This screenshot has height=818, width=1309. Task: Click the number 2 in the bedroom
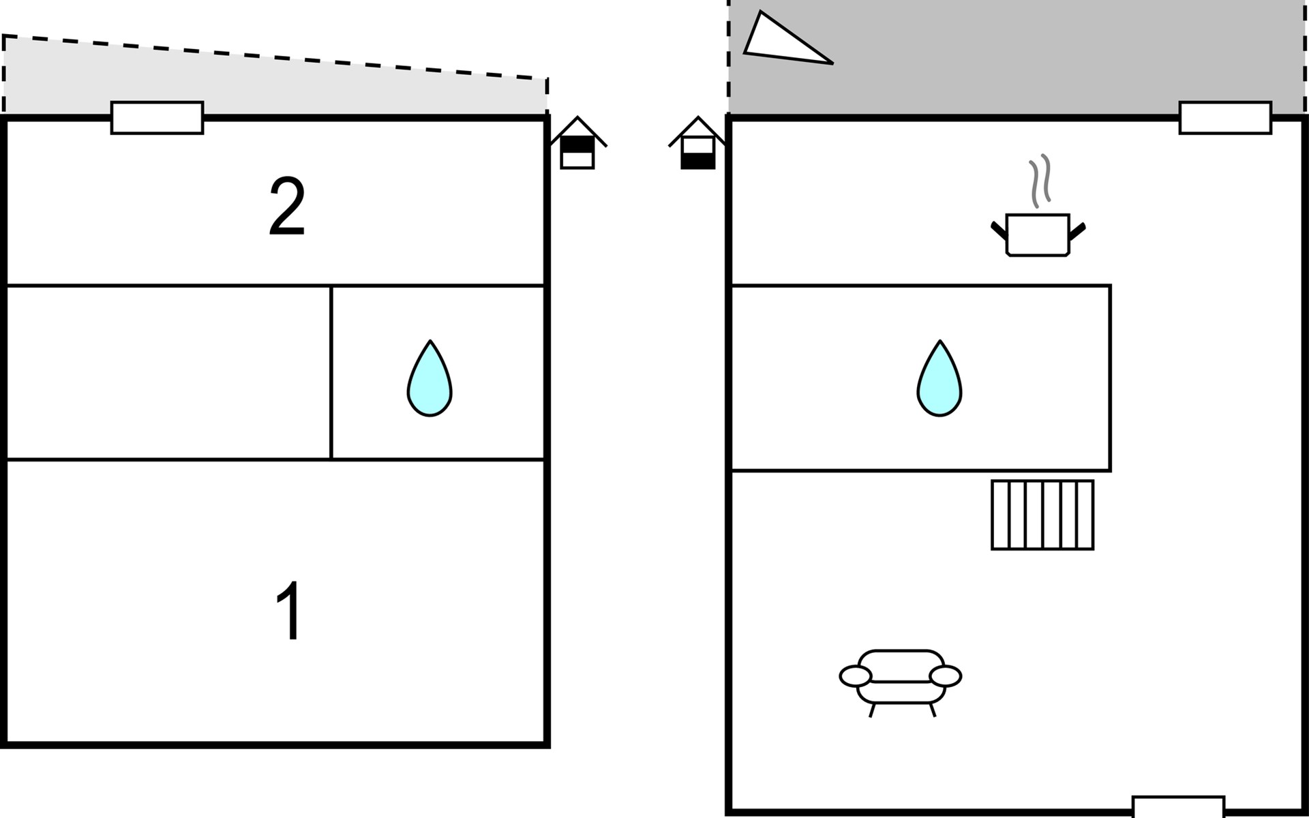coord(286,207)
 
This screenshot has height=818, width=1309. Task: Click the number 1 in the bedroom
coord(289,611)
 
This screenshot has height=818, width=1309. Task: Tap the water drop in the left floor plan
coord(430,379)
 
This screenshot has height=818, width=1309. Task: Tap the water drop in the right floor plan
coord(939,379)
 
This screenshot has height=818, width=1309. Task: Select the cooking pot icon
coord(1038,234)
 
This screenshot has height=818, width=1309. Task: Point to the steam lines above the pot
coord(1040,181)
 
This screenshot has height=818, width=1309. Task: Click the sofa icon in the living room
coord(901,678)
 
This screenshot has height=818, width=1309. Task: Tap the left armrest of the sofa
coord(856,676)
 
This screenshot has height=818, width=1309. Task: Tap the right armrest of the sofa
coord(945,676)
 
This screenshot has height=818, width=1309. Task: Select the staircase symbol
coord(1042,515)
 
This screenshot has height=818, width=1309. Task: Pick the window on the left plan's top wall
coord(157,118)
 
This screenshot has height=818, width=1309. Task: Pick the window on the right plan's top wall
coord(1225,118)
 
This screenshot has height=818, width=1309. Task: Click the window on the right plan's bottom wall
coord(1178,807)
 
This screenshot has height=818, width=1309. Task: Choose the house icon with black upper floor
coord(577,144)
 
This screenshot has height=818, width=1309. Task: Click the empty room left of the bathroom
coord(168,373)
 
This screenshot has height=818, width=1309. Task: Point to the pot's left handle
coord(998,229)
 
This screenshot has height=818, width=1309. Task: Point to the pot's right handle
coord(1078,230)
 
